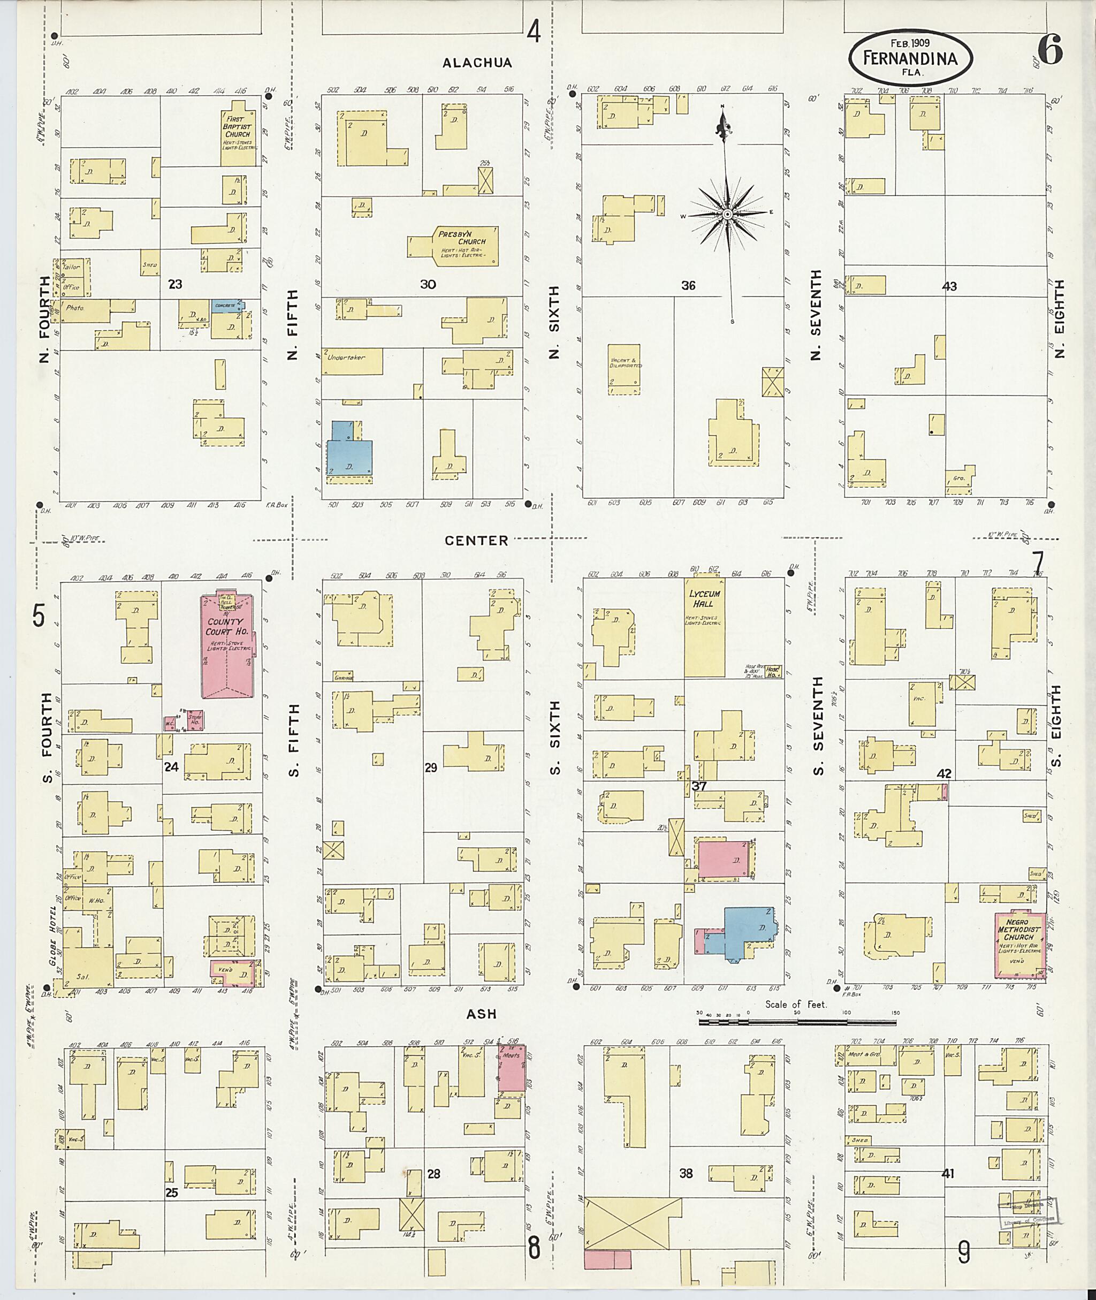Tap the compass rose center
click(725, 215)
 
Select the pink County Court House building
click(227, 647)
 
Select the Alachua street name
click(477, 63)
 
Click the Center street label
click(476, 541)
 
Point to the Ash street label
click(482, 1014)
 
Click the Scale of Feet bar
click(797, 1021)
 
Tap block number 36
click(688, 286)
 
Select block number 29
click(431, 768)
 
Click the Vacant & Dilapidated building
click(625, 369)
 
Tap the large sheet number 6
click(1049, 50)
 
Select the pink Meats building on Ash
click(513, 1068)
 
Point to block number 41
click(948, 1174)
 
